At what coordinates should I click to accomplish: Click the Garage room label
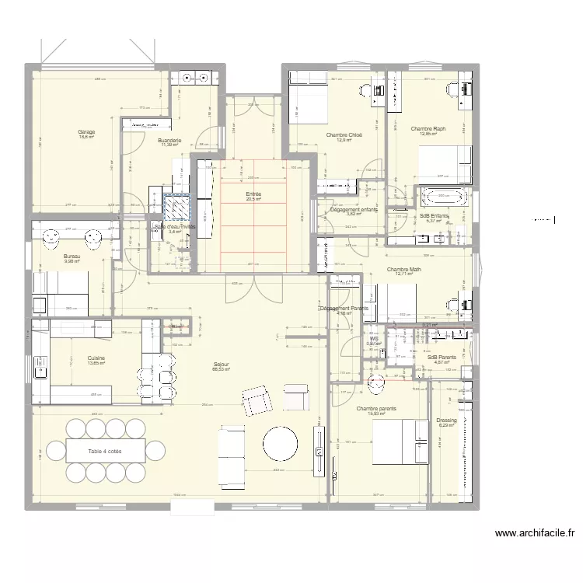point(86,131)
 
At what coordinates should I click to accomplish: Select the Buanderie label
point(171,140)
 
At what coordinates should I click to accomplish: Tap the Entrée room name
point(253,194)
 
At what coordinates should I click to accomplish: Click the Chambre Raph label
point(428,128)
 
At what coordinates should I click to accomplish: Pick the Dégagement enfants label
point(354,210)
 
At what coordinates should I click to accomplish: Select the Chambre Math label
point(404,270)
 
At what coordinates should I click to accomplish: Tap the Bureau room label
point(72,256)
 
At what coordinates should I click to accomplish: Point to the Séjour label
point(222,364)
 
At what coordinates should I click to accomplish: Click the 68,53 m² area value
point(222,370)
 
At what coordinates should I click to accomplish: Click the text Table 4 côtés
point(105,450)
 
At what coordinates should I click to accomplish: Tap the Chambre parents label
point(376,408)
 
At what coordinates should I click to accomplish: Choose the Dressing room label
point(446,420)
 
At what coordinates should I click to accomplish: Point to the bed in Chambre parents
point(401,440)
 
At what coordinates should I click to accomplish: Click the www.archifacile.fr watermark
point(534,533)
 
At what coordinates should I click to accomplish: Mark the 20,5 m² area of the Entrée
point(253,200)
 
